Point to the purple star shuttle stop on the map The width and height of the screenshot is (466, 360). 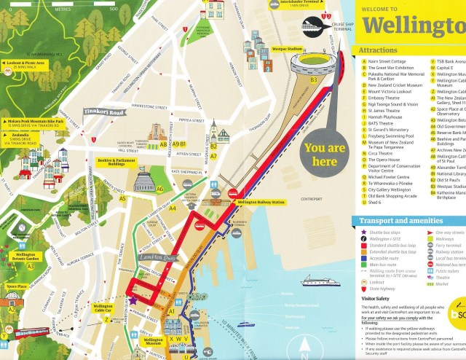click(133, 300)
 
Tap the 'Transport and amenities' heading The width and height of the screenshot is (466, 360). click(396, 222)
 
